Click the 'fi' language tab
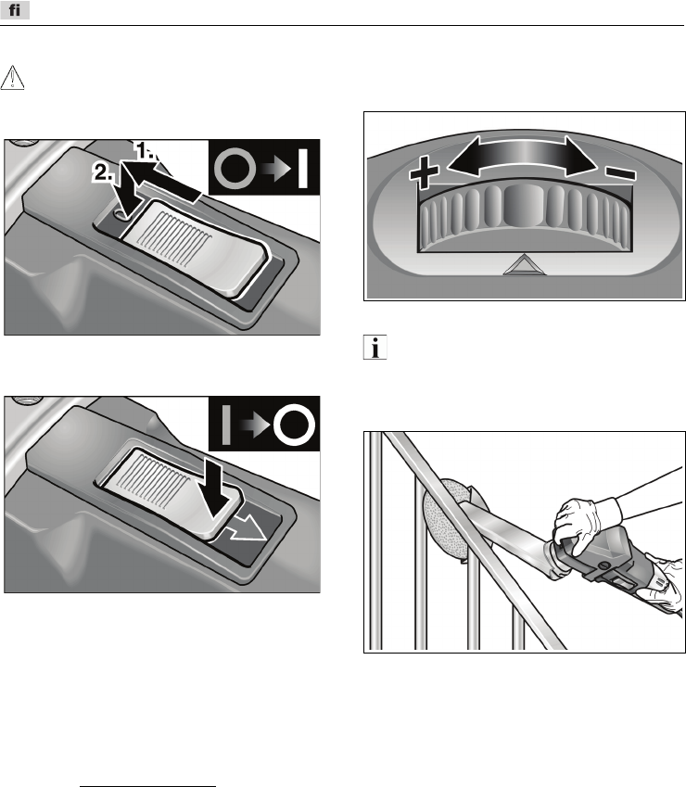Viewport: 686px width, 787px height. point(15,9)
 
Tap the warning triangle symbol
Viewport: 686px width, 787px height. point(12,78)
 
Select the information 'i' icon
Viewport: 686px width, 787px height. point(375,347)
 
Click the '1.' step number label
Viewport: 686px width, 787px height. point(146,150)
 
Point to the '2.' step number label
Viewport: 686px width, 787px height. point(103,173)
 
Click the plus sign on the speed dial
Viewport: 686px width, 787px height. point(424,172)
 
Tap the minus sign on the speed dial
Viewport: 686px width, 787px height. point(621,173)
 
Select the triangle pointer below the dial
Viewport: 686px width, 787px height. point(524,265)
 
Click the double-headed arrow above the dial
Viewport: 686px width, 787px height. point(522,156)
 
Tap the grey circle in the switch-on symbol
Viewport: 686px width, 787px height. point(235,169)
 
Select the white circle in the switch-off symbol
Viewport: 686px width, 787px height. point(294,425)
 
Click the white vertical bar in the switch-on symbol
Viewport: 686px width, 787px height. point(302,169)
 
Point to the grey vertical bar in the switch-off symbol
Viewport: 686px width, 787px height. point(226,425)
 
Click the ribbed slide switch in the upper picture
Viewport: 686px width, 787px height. point(195,248)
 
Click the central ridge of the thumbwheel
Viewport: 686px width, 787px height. point(524,206)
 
